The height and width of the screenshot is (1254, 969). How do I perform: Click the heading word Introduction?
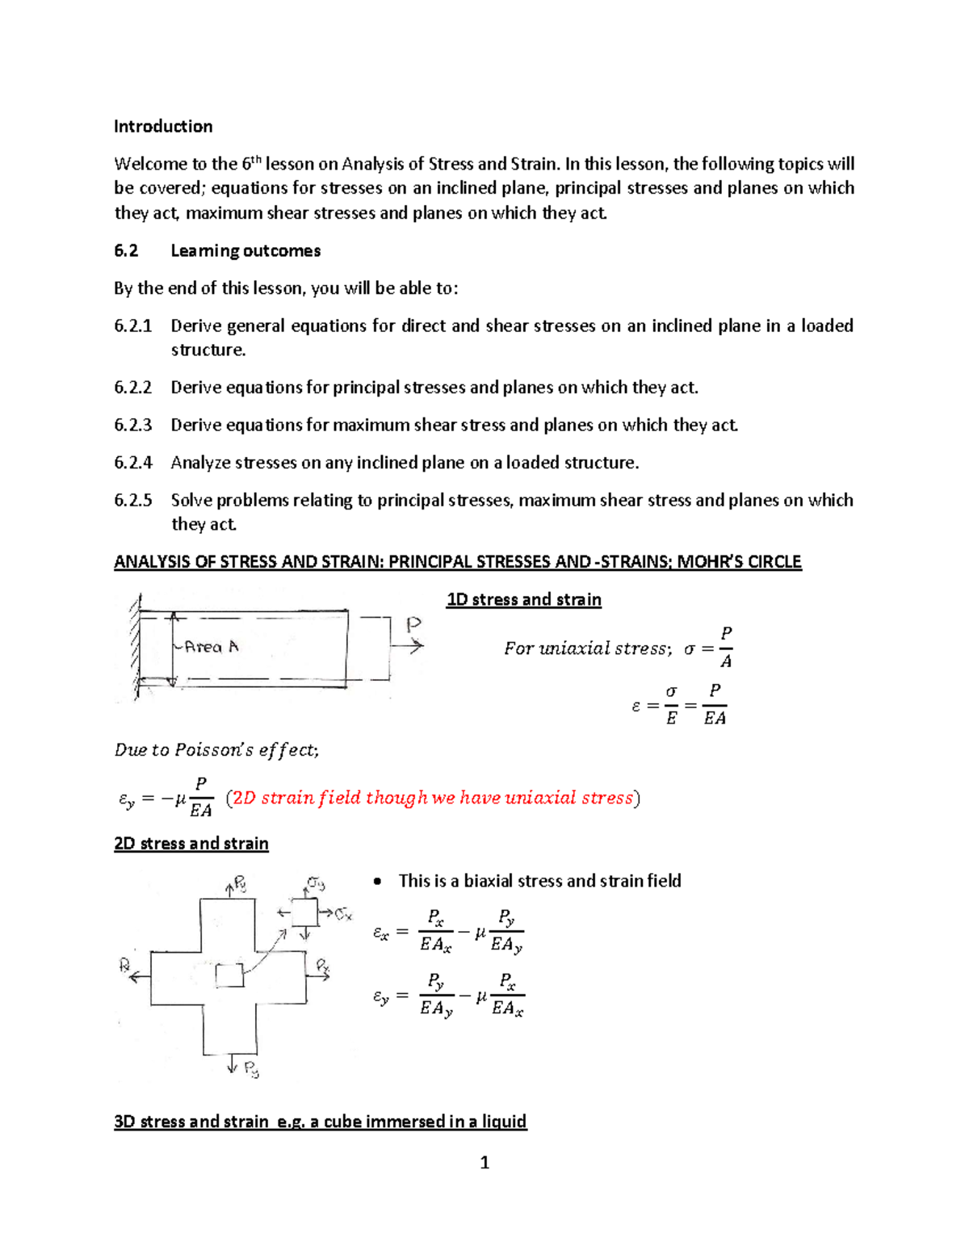(163, 127)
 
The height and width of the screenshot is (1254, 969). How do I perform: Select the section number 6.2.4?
(133, 463)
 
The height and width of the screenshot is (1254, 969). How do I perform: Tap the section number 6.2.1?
(133, 326)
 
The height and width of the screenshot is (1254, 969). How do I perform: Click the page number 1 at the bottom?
(484, 1163)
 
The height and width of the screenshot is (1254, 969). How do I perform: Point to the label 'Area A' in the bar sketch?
(211, 647)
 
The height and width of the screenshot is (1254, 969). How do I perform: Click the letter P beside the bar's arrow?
(413, 624)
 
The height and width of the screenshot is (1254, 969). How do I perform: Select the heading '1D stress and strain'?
(523, 600)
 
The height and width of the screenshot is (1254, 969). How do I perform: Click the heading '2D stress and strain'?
(191, 844)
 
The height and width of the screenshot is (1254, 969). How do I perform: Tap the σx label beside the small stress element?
(344, 914)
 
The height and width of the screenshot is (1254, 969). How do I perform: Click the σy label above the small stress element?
(316, 883)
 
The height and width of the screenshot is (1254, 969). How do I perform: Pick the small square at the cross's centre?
(229, 975)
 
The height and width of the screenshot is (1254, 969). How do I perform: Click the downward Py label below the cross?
(251, 1070)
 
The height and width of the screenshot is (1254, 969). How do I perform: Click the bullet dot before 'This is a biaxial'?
(377, 882)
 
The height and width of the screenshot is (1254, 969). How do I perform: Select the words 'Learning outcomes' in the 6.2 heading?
(245, 251)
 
